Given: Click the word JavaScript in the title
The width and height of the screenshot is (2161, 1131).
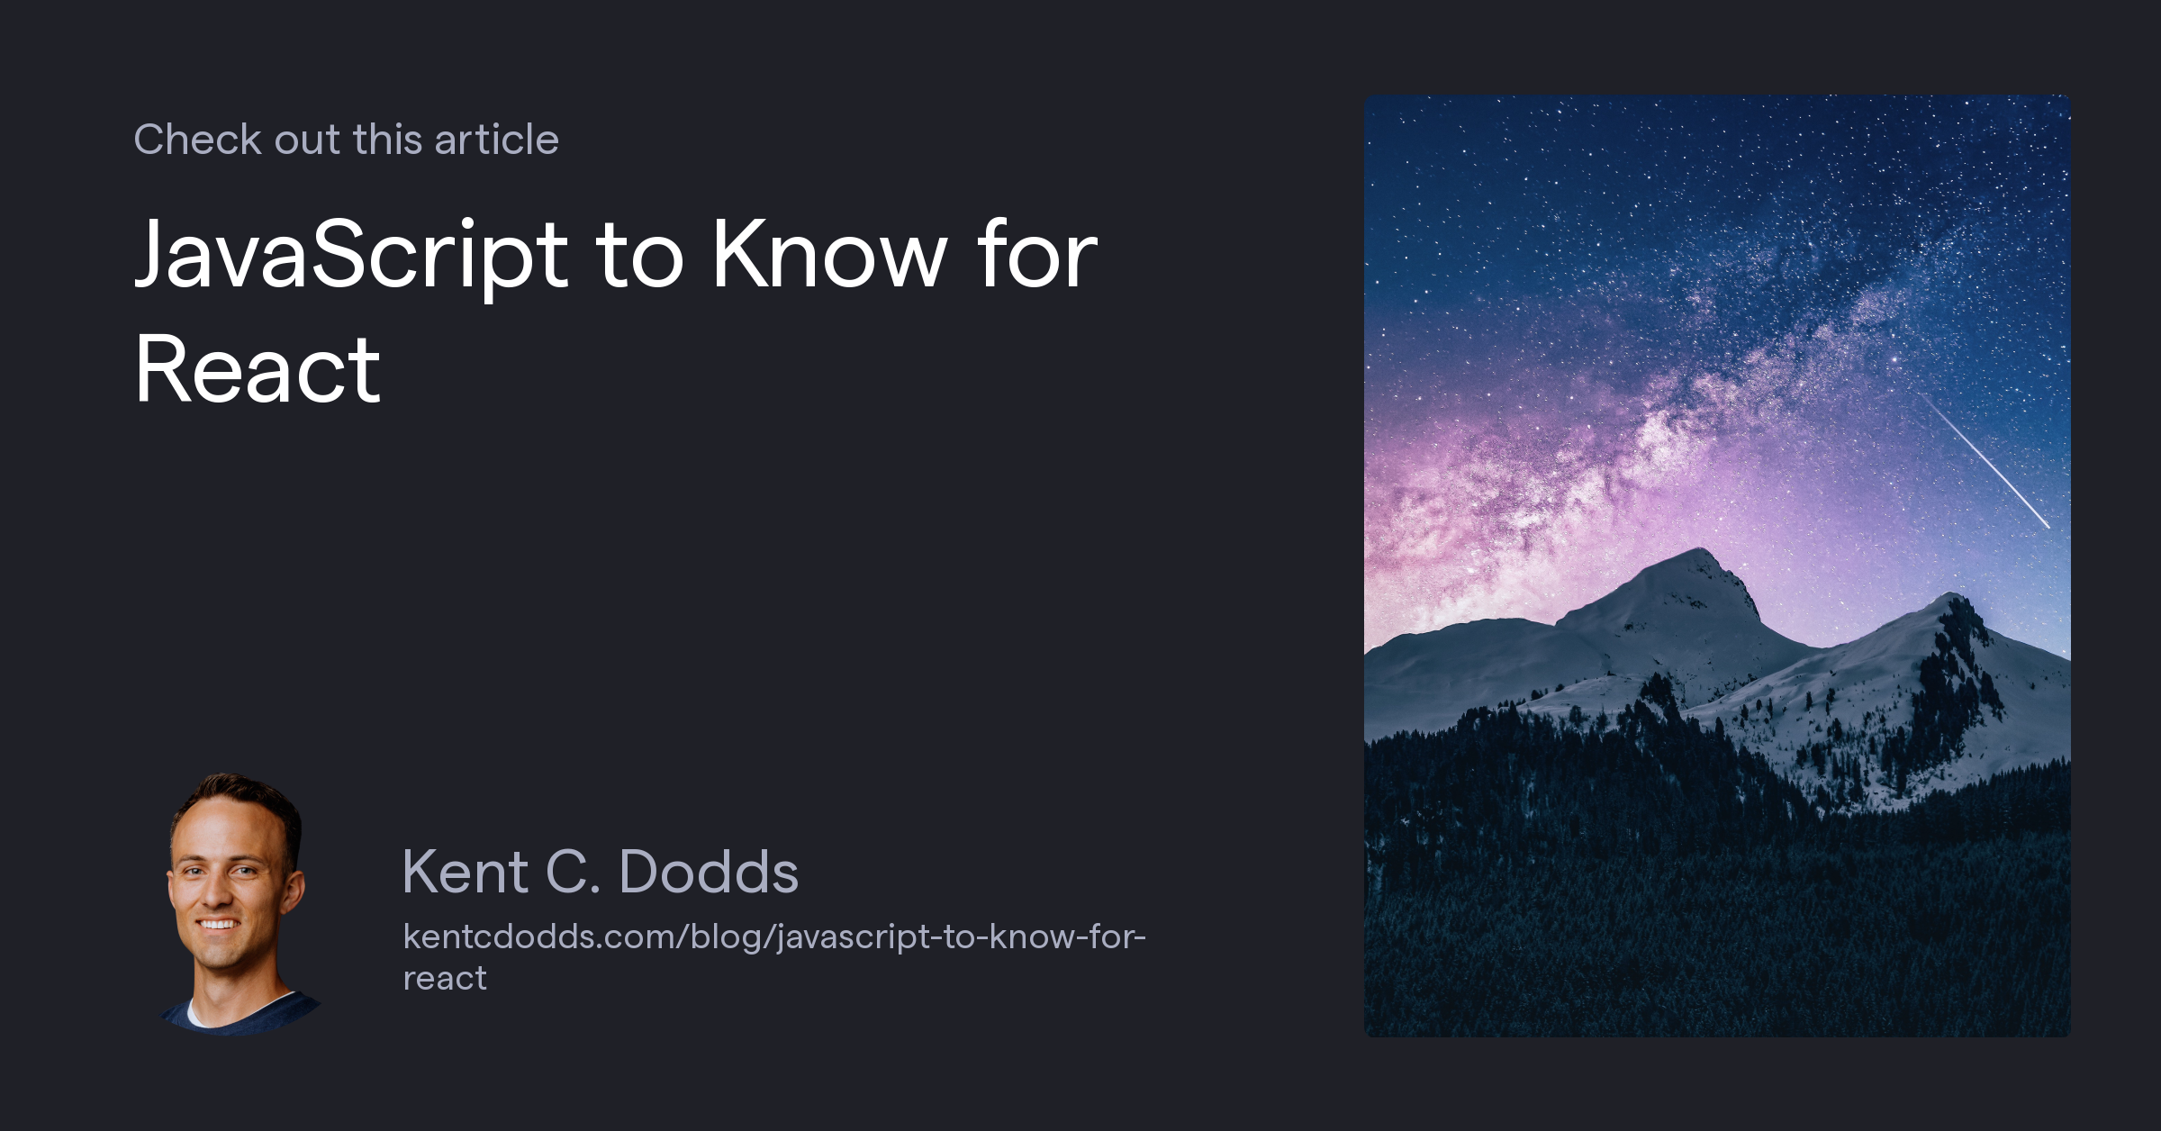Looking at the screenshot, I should tap(351, 256).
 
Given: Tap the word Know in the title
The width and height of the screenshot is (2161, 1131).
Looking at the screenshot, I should tap(829, 256).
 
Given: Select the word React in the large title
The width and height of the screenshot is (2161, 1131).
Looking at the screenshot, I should tap(258, 369).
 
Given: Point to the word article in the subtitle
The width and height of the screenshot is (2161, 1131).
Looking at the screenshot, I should tap(496, 140).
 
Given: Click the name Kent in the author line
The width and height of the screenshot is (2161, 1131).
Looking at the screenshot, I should tap(465, 872).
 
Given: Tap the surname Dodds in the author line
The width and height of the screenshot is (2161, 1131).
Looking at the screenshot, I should tap(709, 872).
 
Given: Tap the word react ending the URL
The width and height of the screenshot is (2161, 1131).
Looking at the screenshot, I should tap(445, 978).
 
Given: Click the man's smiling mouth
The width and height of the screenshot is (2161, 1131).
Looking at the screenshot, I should tap(218, 924).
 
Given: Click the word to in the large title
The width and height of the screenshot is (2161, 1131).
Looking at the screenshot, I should tap(639, 256).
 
